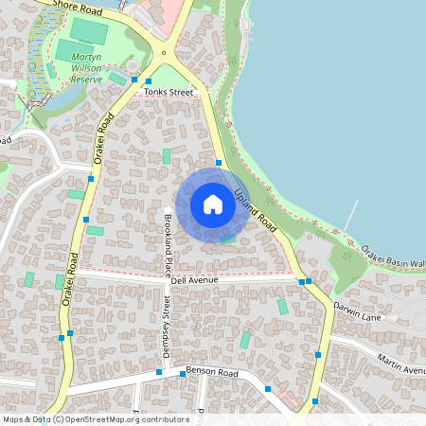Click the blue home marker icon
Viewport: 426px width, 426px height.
point(213,204)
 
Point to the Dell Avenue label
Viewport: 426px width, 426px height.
point(195,280)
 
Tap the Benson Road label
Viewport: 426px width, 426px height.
point(209,370)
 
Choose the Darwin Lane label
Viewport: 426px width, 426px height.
point(357,317)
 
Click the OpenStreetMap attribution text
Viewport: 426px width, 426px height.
point(95,419)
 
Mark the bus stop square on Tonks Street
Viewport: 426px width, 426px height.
point(149,82)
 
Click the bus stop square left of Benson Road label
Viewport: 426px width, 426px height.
point(158,373)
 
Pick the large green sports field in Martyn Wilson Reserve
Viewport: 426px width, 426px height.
point(89,30)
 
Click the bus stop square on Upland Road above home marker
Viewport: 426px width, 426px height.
point(219,163)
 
